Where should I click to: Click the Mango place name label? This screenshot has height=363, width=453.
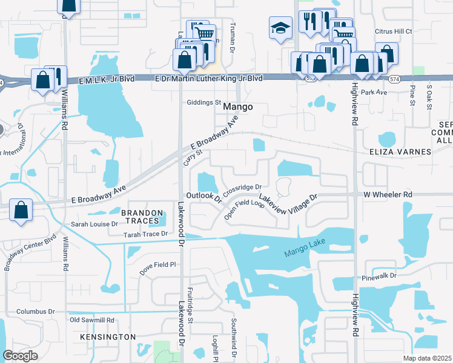237,106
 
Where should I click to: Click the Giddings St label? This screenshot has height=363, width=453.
204,102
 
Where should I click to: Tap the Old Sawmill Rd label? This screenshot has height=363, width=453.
92,320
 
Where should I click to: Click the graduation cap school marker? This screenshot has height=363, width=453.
280,28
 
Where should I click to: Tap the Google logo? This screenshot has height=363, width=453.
20,356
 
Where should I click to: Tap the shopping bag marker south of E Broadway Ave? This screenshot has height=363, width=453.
21,210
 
